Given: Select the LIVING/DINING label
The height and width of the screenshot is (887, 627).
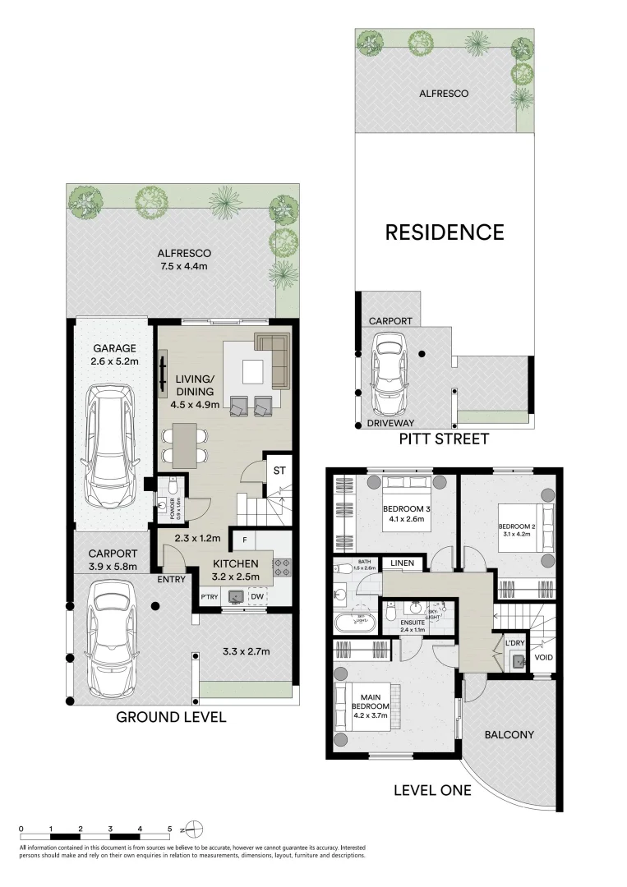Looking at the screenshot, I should (x=195, y=384).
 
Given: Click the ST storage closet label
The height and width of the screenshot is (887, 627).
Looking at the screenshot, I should (x=279, y=470).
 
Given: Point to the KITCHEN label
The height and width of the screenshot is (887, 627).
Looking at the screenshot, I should (x=237, y=563).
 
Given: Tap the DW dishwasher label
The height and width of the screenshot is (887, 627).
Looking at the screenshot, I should (x=256, y=597).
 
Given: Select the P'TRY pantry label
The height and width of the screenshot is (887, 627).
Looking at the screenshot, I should (x=209, y=597).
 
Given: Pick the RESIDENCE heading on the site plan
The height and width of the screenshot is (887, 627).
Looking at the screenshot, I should (x=445, y=232).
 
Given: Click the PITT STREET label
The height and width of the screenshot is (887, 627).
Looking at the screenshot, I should (x=444, y=439).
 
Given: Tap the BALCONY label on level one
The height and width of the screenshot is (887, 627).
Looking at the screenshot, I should (x=509, y=735).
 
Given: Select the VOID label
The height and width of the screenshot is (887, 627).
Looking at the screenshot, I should (x=544, y=657).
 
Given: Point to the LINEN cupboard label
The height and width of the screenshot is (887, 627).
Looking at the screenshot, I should (x=402, y=563).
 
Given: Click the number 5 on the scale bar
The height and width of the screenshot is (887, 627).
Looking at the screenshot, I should (x=170, y=829).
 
